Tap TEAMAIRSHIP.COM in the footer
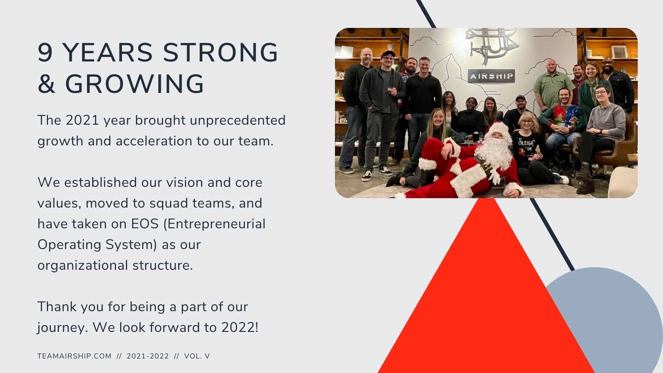coord(75,356)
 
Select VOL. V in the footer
coord(197,356)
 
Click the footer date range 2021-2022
coord(148,356)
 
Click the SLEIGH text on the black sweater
coord(526,142)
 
